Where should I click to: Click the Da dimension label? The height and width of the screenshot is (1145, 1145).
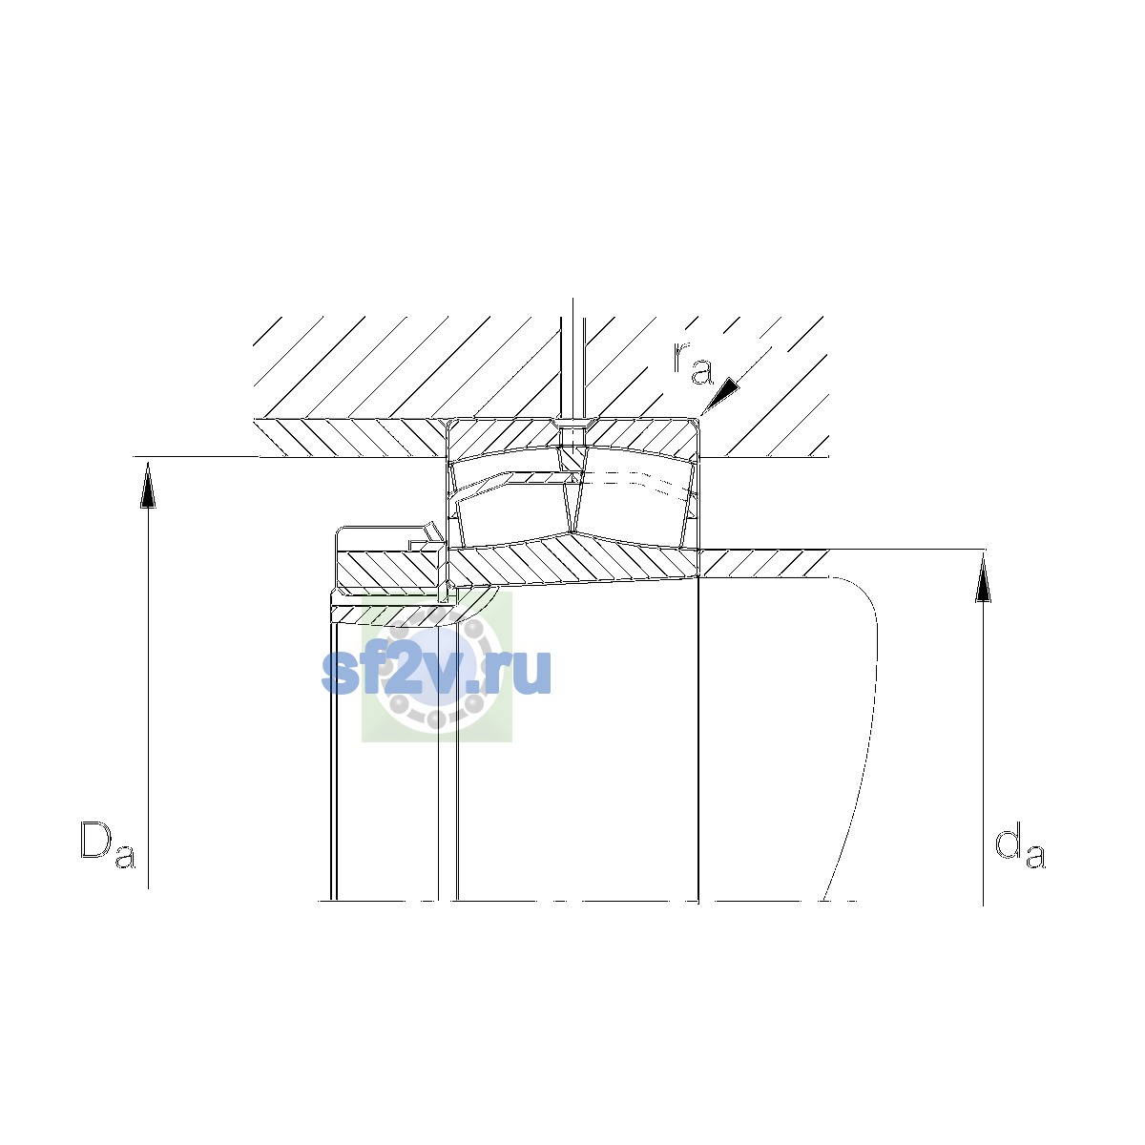click(x=108, y=844)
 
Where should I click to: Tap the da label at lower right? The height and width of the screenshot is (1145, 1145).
click(x=1019, y=844)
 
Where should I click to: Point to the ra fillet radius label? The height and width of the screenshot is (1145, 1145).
click(x=692, y=363)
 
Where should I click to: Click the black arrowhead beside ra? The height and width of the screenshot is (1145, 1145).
click(x=720, y=395)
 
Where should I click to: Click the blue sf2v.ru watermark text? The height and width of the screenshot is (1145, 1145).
click(x=436, y=672)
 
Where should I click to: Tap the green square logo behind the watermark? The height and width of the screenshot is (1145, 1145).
click(x=437, y=667)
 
